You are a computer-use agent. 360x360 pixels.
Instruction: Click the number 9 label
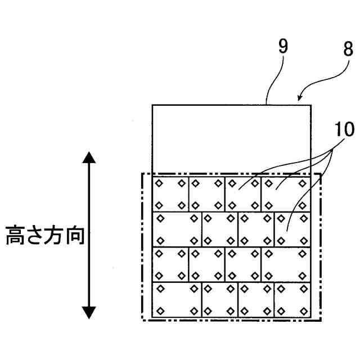point(283,46)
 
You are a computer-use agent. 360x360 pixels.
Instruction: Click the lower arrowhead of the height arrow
point(89,312)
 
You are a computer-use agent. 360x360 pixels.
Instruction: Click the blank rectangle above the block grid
point(231,138)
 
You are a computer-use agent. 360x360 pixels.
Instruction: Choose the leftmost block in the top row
point(170,193)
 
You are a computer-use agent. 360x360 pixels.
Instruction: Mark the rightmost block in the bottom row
point(292,299)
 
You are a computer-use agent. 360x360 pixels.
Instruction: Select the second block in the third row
point(207,264)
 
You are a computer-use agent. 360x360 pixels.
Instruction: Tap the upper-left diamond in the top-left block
point(159,183)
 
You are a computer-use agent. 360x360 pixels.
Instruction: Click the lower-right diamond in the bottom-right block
point(304,311)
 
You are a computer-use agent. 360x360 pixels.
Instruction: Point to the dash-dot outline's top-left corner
point(141,174)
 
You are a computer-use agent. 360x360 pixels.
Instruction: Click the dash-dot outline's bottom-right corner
point(320,320)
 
